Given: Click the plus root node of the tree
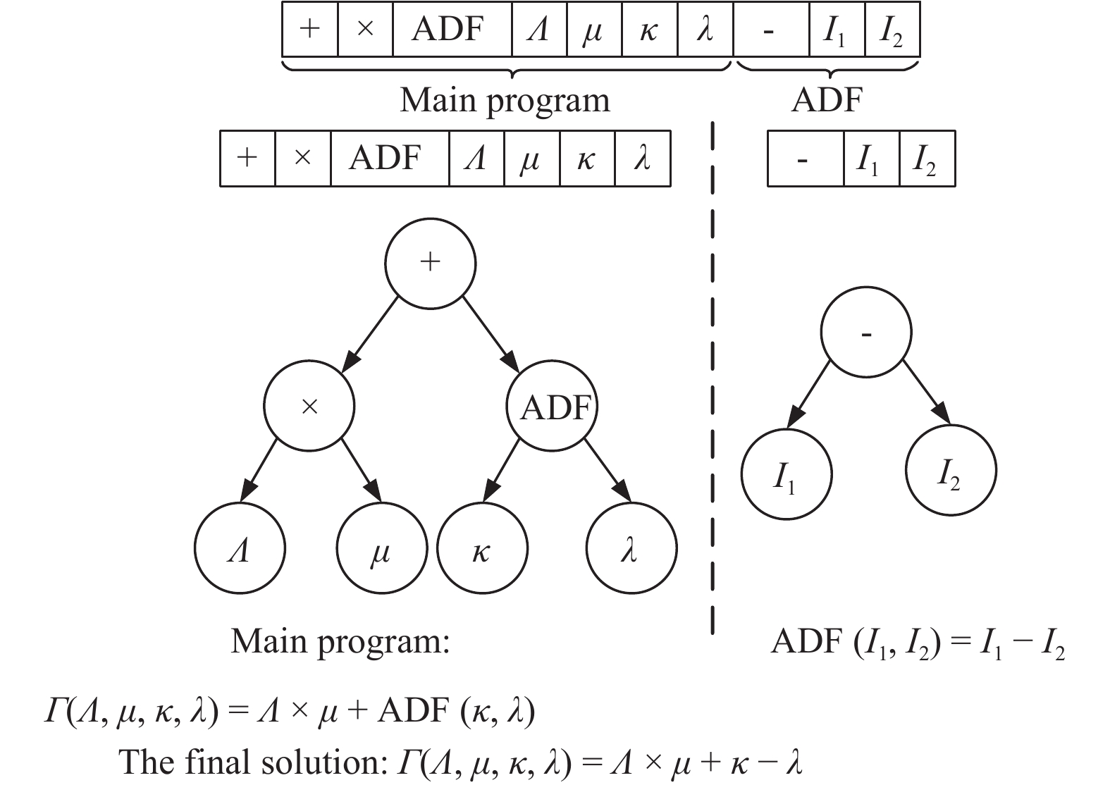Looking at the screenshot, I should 430,263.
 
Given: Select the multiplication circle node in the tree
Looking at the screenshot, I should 309,407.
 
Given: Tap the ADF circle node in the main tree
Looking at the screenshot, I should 553,407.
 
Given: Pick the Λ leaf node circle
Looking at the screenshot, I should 240,549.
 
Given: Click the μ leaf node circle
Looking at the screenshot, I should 382,549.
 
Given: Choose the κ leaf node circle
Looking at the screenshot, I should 482,549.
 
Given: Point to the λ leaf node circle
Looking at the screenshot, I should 631,549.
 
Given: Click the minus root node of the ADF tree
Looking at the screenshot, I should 866,333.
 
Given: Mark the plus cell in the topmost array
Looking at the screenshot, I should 310,30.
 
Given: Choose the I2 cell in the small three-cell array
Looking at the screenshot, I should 927,159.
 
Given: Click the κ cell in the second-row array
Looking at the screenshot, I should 587,159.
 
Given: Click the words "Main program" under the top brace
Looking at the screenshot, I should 505,100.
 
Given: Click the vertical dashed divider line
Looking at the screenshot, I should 713,381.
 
